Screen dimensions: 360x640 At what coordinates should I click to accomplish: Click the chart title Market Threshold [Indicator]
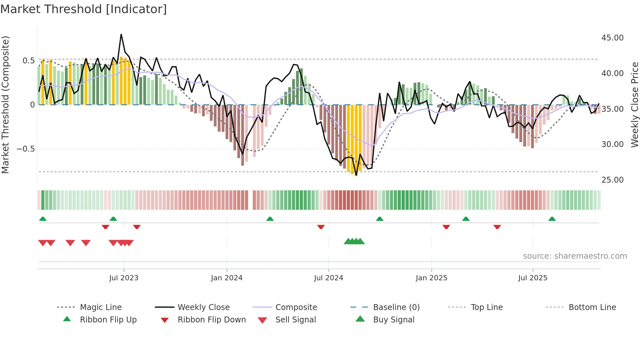pyautogui.click(x=84, y=9)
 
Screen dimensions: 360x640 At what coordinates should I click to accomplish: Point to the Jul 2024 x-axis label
pyautogui.click(x=328, y=278)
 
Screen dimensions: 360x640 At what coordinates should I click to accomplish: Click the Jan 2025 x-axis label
pyautogui.click(x=431, y=278)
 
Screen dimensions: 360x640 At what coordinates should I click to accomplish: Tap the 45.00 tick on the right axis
pyautogui.click(x=612, y=38)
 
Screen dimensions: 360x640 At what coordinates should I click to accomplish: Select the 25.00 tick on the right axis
pyautogui.click(x=612, y=180)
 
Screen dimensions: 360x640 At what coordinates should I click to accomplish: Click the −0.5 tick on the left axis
pyautogui.click(x=25, y=149)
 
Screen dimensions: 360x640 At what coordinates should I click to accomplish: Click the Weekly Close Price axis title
pyautogui.click(x=634, y=105)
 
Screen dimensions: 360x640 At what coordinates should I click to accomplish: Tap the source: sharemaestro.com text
pyautogui.click(x=575, y=256)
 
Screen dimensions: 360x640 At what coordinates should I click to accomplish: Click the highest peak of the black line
pyautogui.click(x=121, y=34)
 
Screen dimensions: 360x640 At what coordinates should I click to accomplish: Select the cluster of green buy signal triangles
pyautogui.click(x=354, y=241)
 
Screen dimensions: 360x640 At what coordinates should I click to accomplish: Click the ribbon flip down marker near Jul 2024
pyautogui.click(x=321, y=227)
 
